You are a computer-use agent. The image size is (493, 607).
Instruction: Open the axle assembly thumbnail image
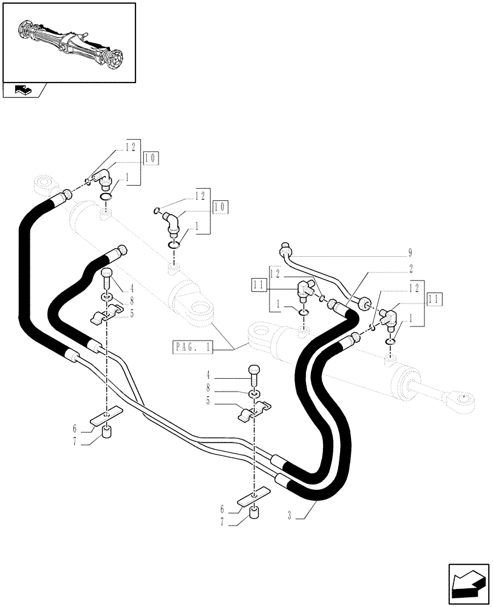coord(69,42)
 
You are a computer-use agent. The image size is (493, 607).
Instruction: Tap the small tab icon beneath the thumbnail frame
coord(24,90)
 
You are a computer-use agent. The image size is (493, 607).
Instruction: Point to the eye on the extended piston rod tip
coord(463,399)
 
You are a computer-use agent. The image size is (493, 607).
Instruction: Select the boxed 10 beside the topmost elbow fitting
coord(151,159)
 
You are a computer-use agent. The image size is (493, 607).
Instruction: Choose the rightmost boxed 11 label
coord(435,299)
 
